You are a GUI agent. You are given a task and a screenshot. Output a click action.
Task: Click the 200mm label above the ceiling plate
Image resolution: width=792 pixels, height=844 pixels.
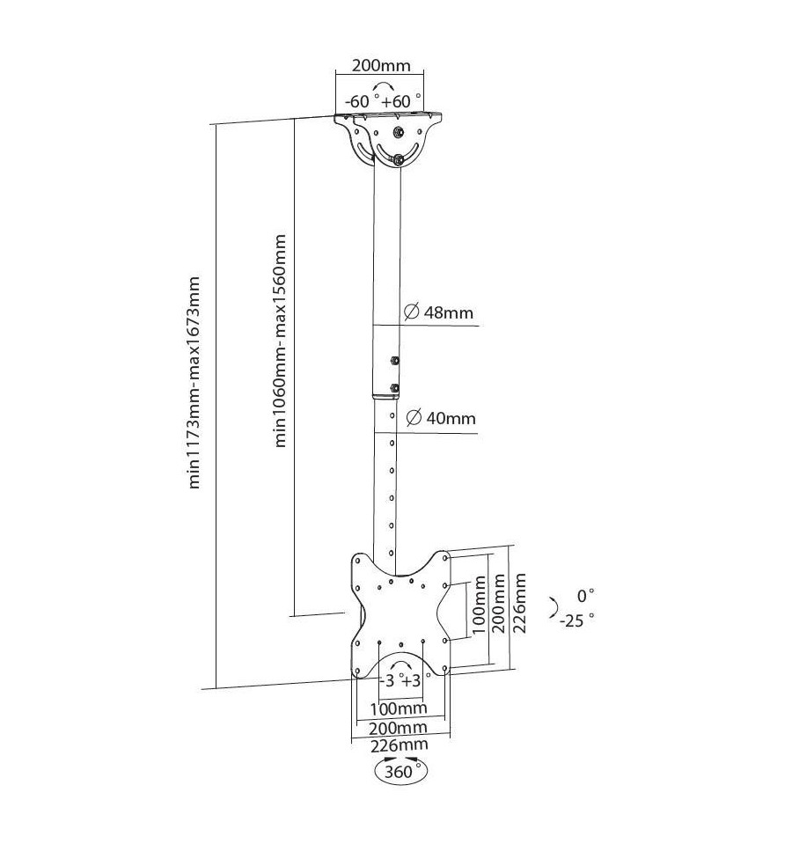[381, 66]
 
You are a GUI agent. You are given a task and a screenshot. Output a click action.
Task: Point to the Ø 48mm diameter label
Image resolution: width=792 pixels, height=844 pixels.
[438, 312]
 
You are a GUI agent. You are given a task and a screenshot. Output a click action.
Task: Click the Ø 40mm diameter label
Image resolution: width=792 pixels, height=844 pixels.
[441, 418]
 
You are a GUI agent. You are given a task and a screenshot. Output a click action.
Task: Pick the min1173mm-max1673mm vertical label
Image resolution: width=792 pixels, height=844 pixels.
[194, 383]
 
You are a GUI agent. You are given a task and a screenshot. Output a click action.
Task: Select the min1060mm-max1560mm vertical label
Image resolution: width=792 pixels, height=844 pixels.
[280, 341]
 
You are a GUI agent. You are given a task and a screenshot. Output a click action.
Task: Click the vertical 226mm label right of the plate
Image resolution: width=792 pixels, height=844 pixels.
[518, 603]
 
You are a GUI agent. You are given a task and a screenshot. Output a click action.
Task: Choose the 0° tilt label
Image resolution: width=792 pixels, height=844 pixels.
[585, 596]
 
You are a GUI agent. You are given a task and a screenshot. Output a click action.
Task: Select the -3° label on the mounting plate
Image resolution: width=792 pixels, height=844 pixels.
[388, 681]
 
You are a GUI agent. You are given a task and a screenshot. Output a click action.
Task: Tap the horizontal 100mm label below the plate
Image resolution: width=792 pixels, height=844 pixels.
[399, 708]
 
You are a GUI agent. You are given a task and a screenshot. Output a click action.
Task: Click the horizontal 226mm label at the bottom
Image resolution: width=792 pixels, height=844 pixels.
[400, 745]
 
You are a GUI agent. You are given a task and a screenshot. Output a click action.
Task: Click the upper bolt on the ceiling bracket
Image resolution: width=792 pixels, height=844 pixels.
[398, 132]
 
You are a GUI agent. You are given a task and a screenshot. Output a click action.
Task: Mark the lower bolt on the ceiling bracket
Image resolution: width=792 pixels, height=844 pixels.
[398, 159]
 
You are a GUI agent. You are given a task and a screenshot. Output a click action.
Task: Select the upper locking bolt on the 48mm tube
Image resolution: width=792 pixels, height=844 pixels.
[395, 360]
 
